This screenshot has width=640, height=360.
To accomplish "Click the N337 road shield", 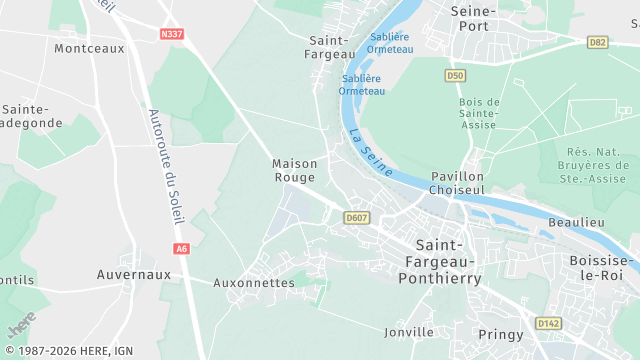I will coord(172,34).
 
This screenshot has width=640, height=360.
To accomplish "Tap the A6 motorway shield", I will coord(181,248).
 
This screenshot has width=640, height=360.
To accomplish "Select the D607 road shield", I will coord(356,217).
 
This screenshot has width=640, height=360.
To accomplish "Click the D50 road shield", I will coord(455,75).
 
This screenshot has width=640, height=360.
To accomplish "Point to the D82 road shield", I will coord(598,42).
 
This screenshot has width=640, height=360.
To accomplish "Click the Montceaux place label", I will coord(89,48).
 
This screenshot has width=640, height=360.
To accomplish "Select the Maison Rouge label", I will coord(295,170).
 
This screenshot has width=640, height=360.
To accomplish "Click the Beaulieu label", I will coord(577,221).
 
